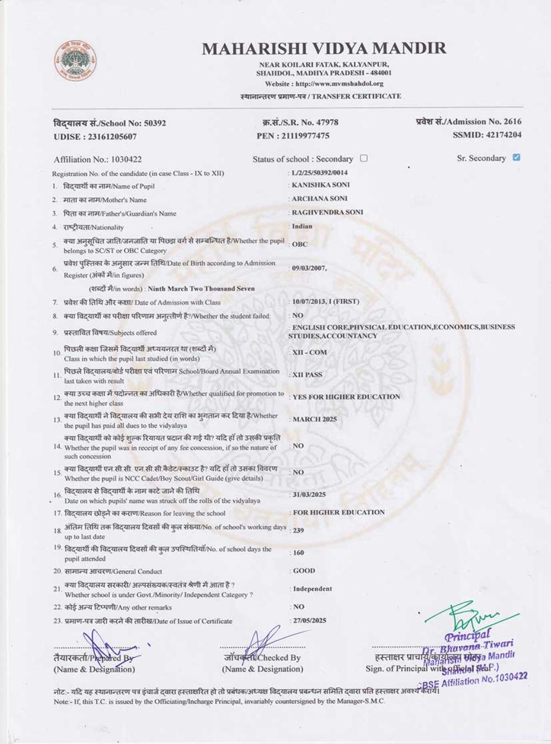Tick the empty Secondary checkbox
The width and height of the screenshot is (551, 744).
click(364, 159)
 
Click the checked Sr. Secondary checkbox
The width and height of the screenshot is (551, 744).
click(516, 158)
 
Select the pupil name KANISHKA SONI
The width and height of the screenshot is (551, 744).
click(320, 185)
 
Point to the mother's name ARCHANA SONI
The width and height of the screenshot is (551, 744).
click(320, 198)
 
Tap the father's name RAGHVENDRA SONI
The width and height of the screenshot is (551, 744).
click(327, 212)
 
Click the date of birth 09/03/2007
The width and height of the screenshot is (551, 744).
click(309, 268)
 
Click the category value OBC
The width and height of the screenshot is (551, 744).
click(300, 244)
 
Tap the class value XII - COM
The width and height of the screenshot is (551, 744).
click(310, 353)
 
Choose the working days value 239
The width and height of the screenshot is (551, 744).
click(299, 531)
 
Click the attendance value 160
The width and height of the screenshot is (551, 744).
click(299, 553)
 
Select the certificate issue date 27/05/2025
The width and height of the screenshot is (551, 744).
click(310, 621)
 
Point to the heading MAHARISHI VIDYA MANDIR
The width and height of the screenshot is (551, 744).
click(324, 48)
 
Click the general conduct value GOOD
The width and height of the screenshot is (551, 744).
click(304, 571)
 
